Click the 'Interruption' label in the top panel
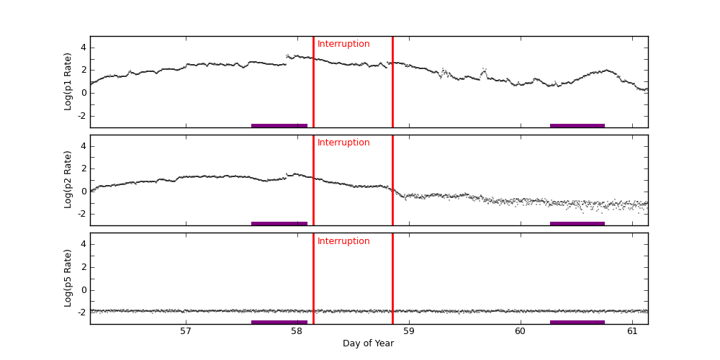[343, 44]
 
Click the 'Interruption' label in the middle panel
[343, 143]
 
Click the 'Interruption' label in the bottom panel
[343, 241]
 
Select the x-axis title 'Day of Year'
[368, 343]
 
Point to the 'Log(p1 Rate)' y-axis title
[68, 81]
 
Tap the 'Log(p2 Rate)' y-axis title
[68, 179]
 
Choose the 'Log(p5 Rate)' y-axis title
[68, 278]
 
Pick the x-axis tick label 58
[297, 331]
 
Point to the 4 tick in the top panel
[83, 48]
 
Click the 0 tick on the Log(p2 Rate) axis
[83, 191]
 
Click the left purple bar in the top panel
[279, 125]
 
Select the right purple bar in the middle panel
[577, 223]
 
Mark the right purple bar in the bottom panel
[577, 322]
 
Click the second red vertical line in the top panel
[392, 81]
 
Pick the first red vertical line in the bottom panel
[313, 278]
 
